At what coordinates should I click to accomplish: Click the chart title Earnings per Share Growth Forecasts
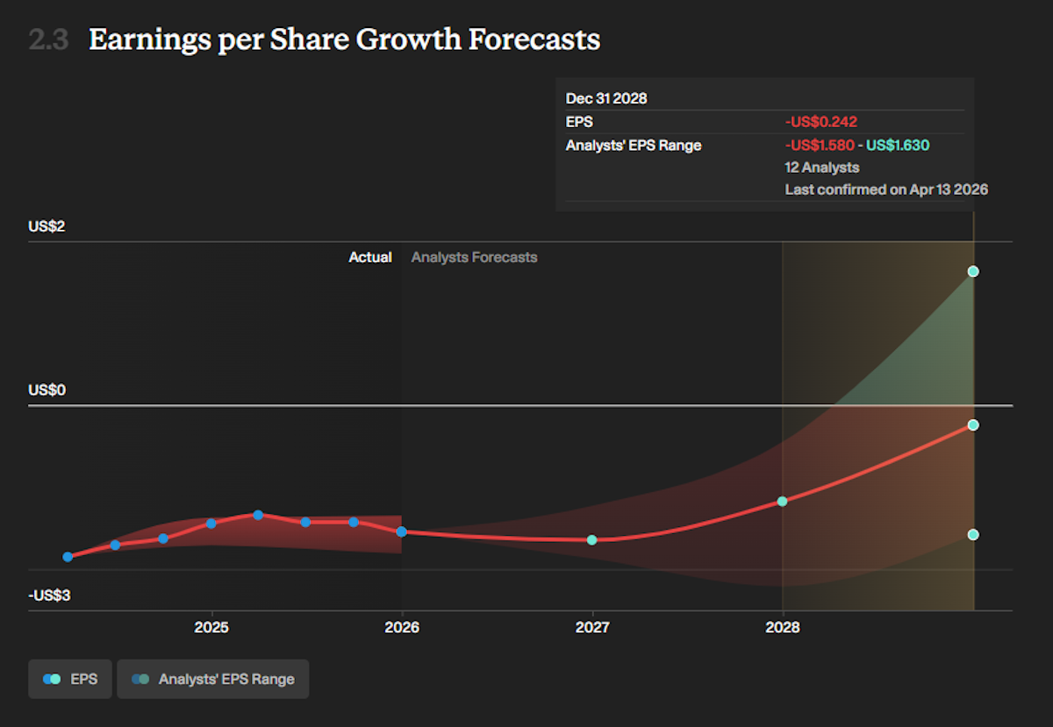pos(344,39)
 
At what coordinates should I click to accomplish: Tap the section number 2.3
pos(48,39)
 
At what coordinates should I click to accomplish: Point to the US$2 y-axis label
pos(47,226)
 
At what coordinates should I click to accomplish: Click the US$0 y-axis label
pos(47,390)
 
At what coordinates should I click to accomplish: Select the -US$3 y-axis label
pos(49,596)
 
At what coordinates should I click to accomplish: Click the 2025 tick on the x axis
pos(211,628)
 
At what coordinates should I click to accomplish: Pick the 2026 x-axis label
pos(402,628)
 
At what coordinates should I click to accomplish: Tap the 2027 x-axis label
pos(592,628)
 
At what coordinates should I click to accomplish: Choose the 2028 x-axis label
pos(783,628)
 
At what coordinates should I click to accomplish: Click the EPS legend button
pos(69,679)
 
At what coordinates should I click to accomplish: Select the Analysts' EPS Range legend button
pos(212,679)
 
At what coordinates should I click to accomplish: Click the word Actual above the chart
pos(370,257)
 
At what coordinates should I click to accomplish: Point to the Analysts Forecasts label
pos(474,257)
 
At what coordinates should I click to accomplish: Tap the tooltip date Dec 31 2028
pos(606,98)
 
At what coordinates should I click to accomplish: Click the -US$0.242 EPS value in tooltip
pos(820,122)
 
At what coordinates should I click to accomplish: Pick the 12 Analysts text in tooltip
pos(822,167)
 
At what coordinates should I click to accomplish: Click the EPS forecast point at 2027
pos(592,539)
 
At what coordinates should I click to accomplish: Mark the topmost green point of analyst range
pos(973,271)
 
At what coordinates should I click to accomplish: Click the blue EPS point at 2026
pos(402,531)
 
